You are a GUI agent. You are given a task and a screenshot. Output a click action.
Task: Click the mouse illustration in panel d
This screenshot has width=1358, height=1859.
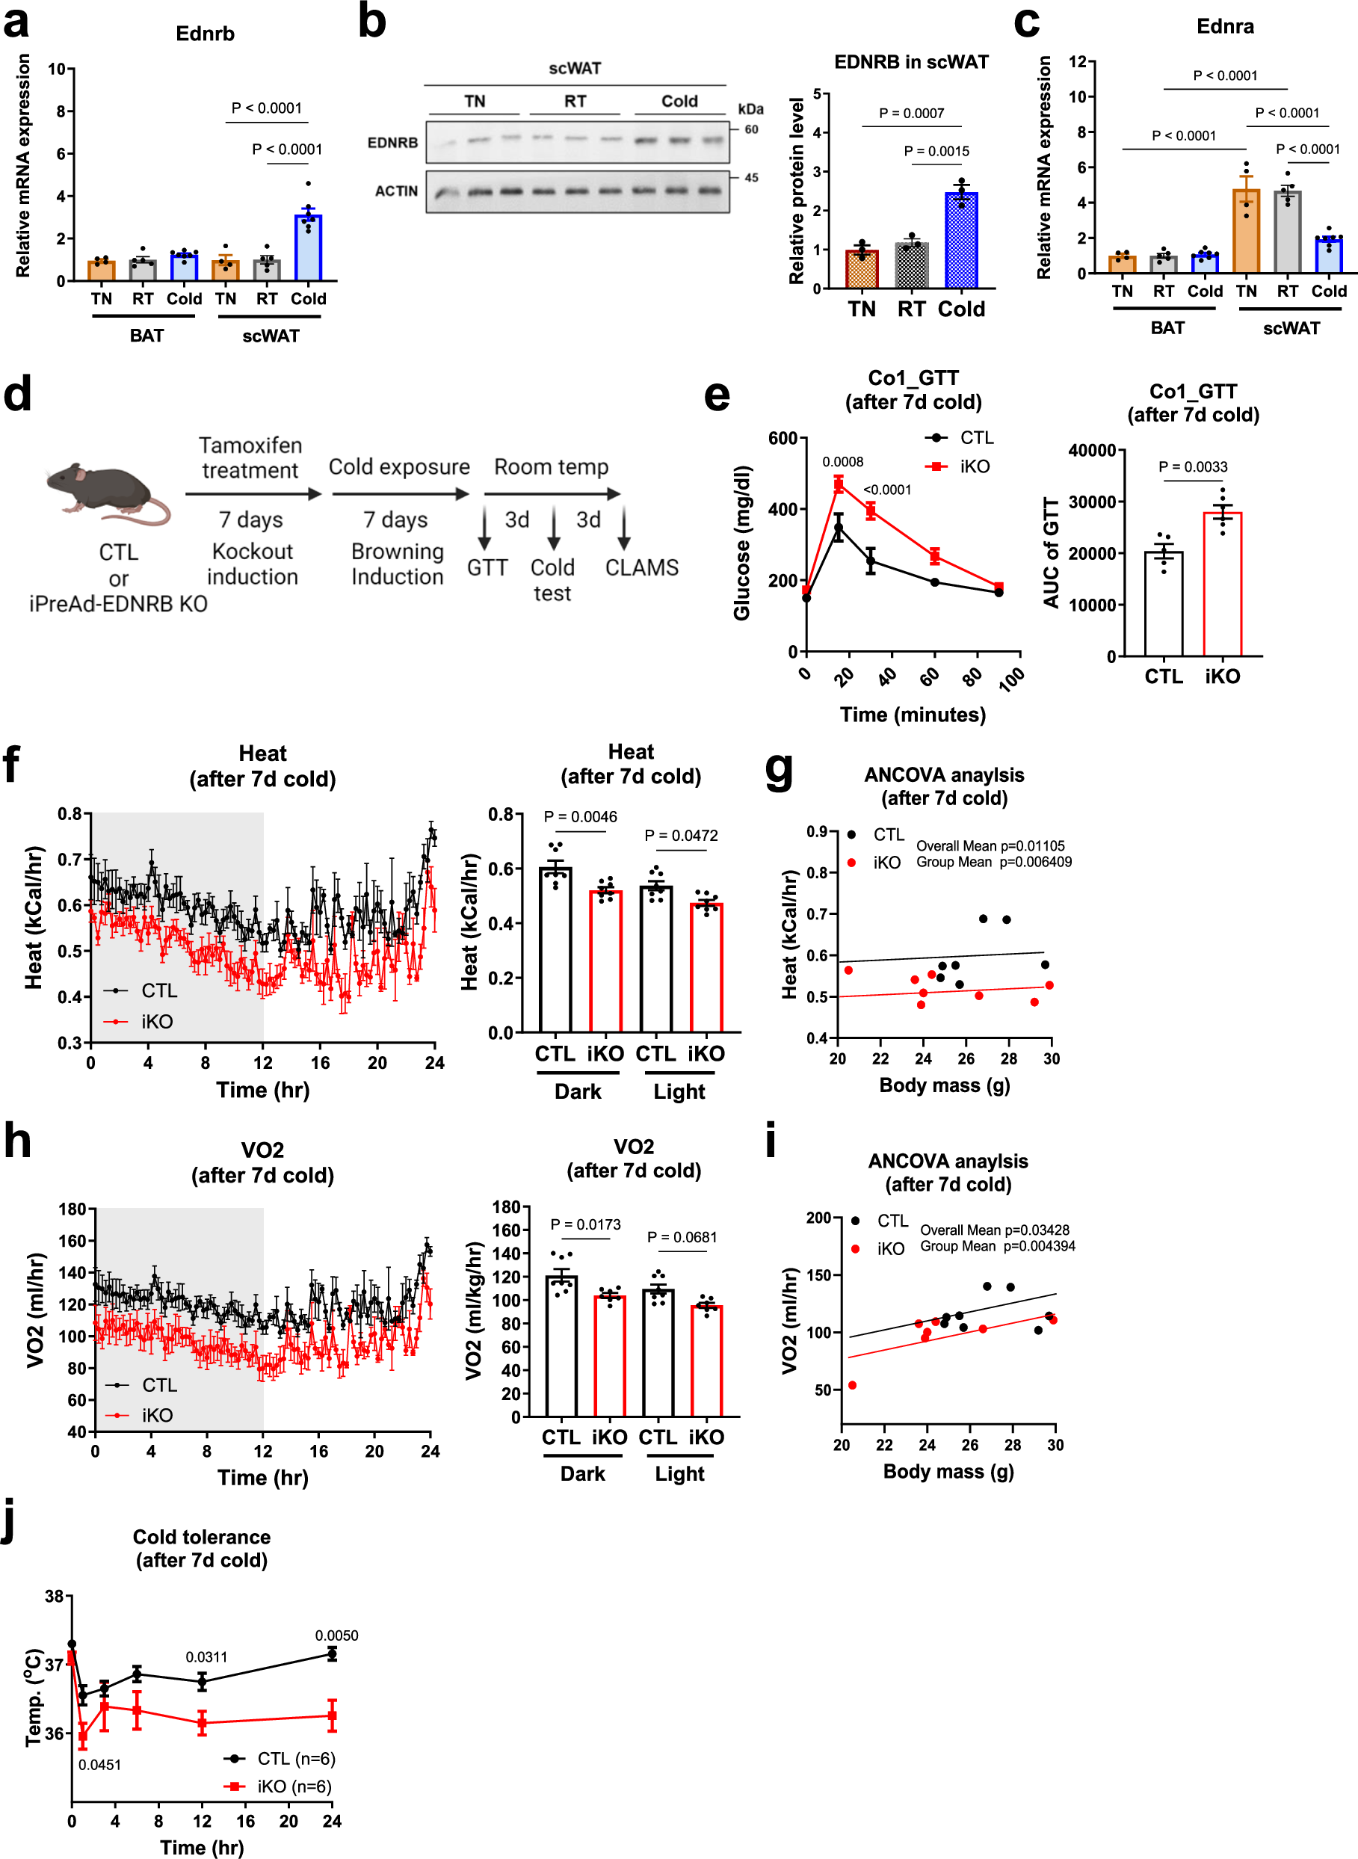coord(107,492)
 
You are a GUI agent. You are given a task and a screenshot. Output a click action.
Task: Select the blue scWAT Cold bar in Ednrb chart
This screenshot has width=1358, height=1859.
coord(308,247)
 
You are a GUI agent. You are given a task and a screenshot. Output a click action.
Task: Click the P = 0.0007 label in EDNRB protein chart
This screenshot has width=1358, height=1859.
coord(911,114)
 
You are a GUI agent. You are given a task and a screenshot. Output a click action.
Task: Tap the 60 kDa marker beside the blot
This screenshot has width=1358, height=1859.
coord(751,130)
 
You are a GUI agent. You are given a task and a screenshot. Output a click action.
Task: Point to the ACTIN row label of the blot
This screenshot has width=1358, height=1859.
coord(396,191)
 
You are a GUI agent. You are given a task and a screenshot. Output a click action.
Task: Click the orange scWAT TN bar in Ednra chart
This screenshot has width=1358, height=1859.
coord(1245,232)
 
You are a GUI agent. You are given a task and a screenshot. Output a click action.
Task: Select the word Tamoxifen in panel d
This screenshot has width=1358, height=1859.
coord(250,446)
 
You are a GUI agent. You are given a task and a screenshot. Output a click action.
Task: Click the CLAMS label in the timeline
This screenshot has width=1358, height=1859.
coord(641,568)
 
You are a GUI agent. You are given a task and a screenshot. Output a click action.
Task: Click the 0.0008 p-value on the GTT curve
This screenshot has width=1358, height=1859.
coord(842,462)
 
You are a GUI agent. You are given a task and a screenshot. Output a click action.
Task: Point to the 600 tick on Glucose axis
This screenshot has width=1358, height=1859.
coord(782,439)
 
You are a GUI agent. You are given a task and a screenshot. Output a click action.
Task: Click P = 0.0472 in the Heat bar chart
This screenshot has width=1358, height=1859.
coord(681,836)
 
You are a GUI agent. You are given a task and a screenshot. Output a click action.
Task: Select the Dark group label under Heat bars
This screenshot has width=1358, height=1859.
coord(578,1092)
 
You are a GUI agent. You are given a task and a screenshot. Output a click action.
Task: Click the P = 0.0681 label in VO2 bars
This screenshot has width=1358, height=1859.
coord(682,1237)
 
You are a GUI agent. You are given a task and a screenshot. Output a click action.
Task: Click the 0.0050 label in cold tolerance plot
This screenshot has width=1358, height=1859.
coord(336,1636)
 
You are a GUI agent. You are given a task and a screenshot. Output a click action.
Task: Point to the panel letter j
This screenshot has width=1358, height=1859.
coord(8,1523)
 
